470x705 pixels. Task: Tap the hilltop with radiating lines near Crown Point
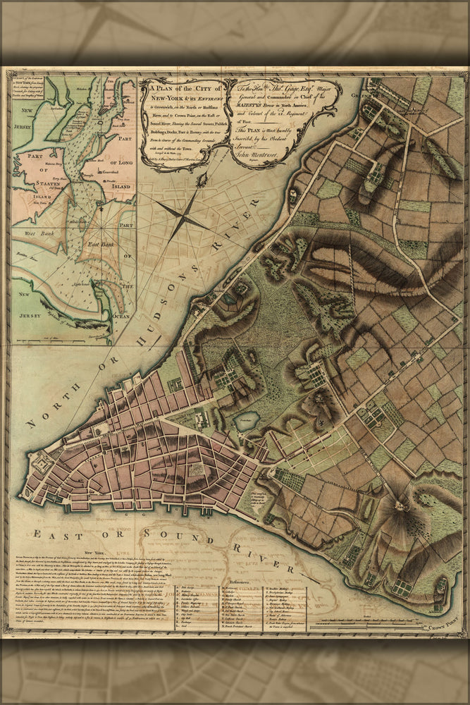(x=402, y=504)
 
